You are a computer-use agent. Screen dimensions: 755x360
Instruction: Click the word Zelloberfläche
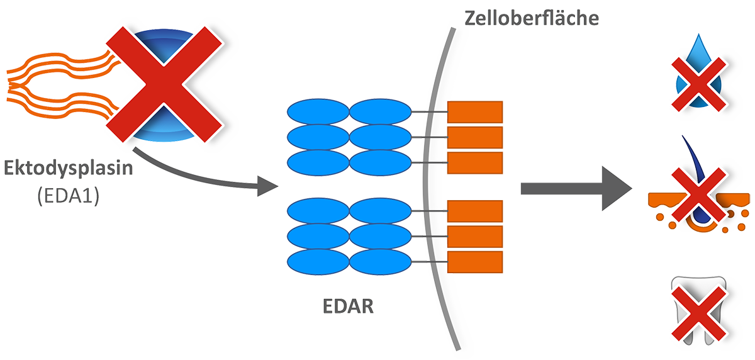[x=532, y=18]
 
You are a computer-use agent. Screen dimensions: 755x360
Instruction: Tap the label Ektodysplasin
[x=69, y=168]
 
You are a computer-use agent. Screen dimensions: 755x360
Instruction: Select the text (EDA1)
[x=69, y=196]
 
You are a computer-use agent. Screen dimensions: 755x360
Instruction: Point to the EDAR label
[x=348, y=307]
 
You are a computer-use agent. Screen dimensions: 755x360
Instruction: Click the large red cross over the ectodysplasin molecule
[x=164, y=84]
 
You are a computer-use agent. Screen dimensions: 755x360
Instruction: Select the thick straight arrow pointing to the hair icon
[x=576, y=188]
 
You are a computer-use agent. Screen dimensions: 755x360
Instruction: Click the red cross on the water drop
[x=699, y=84]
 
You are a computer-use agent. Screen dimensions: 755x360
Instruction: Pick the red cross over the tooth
[x=699, y=313]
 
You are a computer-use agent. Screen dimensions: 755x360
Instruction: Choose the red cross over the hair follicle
[x=699, y=195]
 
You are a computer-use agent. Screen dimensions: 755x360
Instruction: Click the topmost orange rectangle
[x=475, y=112]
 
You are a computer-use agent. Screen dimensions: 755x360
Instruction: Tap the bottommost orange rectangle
[x=475, y=262]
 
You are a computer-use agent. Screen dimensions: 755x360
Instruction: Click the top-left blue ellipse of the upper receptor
[x=318, y=111]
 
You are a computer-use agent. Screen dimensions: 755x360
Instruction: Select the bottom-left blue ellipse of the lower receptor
[x=318, y=262]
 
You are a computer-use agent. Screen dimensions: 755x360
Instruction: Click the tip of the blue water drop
[x=699, y=34]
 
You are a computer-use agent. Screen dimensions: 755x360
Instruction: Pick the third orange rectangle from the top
[x=475, y=163]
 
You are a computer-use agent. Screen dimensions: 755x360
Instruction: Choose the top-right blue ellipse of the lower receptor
[x=380, y=211]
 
